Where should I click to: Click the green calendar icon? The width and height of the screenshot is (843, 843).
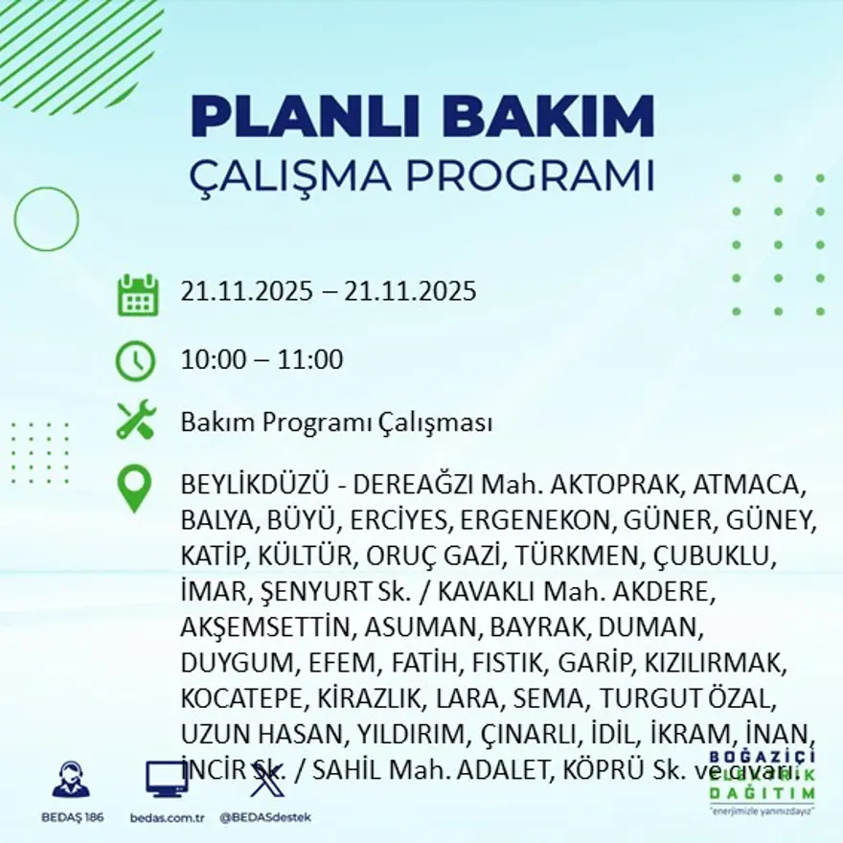pyautogui.click(x=137, y=295)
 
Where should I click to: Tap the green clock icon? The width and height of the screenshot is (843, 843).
pyautogui.click(x=135, y=361)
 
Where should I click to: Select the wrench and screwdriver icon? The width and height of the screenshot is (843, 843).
pyautogui.click(x=135, y=421)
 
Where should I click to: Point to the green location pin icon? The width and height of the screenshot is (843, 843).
pyautogui.click(x=134, y=488)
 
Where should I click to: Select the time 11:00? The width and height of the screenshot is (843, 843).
pyautogui.click(x=310, y=361)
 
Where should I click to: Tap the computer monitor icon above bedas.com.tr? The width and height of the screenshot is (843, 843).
pyautogui.click(x=166, y=779)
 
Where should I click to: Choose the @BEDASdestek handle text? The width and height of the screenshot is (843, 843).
pyautogui.click(x=264, y=817)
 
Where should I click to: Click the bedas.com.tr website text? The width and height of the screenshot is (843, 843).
pyautogui.click(x=167, y=817)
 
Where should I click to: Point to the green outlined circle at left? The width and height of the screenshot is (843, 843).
pyautogui.click(x=46, y=219)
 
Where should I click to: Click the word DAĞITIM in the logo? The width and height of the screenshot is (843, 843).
pyautogui.click(x=763, y=793)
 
